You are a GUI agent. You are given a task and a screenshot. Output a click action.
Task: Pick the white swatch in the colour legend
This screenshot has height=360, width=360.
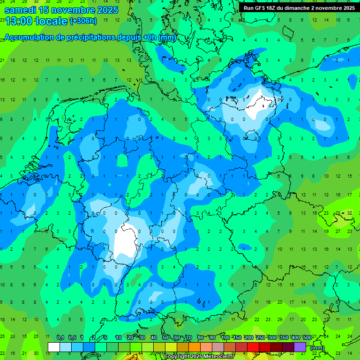(x=54, y=347)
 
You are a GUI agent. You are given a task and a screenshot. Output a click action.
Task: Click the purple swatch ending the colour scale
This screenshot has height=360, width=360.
(x=300, y=347)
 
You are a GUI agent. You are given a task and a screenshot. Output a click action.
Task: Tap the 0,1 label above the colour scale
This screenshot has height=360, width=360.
(x=60, y=338)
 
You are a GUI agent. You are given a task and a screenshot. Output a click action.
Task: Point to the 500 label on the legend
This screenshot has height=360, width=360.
(x=307, y=338)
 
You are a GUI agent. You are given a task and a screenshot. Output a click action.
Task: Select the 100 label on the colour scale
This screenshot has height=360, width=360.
(x=225, y=338)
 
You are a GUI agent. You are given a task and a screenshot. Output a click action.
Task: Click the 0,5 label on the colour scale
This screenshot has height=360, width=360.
(x=72, y=338)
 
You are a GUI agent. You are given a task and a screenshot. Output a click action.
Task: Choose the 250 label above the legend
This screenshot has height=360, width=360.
(x=260, y=338)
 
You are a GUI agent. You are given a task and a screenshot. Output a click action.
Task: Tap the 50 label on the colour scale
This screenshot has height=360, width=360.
(x=165, y=338)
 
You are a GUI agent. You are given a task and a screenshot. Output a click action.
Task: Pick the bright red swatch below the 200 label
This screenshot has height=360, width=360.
(x=253, y=347)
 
